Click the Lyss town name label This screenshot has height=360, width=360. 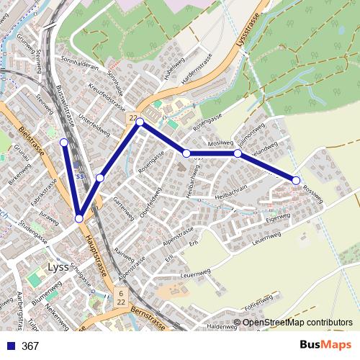pyautogui.click(x=58, y=266)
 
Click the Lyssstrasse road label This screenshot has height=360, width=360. pyautogui.click(x=246, y=34)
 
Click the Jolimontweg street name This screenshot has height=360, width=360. pyautogui.click(x=252, y=136)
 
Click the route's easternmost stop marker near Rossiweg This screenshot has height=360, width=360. pyautogui.click(x=296, y=179)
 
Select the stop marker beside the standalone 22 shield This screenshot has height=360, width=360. pyautogui.click(x=140, y=122)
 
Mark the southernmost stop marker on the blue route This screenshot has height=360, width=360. pyautogui.click(x=79, y=218)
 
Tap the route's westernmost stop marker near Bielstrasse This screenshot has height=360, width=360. pyautogui.click(x=64, y=143)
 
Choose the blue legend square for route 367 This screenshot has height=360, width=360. pyautogui.click(x=9, y=346)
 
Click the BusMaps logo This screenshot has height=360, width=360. pyautogui.click(x=326, y=345)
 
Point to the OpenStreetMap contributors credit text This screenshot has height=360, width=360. pyautogui.click(x=297, y=323)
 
